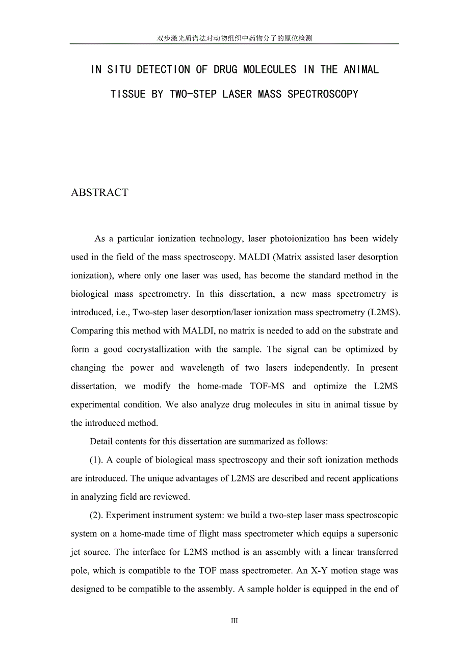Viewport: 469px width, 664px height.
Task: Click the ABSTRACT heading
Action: (99, 193)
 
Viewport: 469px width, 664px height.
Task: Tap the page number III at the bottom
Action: (234, 621)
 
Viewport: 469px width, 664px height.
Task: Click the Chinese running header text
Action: (234, 38)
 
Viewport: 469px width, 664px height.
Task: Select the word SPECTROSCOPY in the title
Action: (323, 94)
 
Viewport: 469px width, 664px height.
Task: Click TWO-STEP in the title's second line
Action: (193, 94)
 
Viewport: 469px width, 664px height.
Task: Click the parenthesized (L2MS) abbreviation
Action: (382, 312)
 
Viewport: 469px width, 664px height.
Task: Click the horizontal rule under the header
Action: (234, 44)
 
